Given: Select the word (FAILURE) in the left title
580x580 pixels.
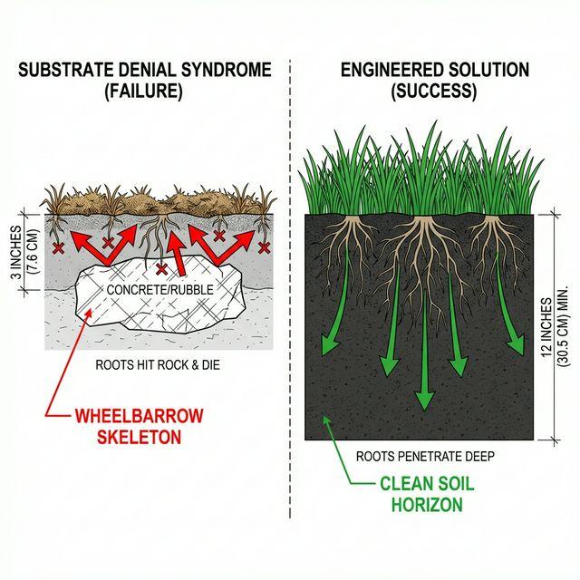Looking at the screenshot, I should pos(144,91).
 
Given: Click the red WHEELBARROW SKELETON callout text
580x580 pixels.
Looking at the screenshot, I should pos(140,426).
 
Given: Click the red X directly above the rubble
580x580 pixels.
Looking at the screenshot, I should pos(161,269).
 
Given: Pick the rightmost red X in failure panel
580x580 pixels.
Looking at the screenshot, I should pos(264,246).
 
